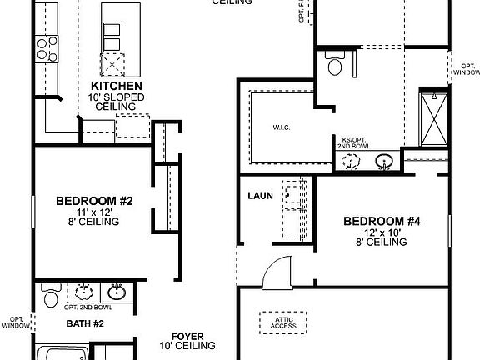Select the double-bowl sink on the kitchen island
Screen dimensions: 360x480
111,36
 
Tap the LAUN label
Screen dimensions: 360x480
260,197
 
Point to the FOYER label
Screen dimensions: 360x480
188,334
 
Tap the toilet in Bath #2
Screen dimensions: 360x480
50,297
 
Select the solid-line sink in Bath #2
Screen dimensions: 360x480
117,292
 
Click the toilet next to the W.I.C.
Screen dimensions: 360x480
335,64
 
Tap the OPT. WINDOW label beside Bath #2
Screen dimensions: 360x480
16,322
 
